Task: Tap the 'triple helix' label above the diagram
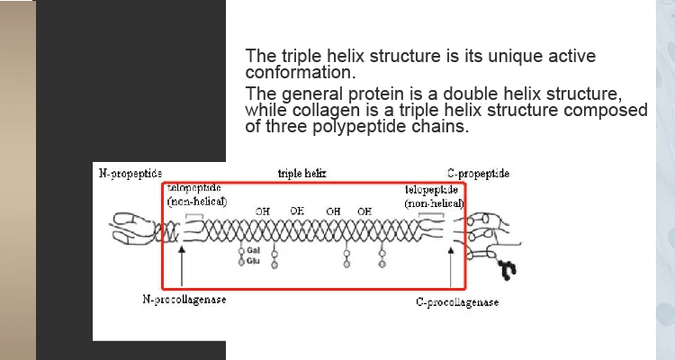pos(302,173)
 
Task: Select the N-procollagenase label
pos(185,300)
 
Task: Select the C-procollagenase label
pos(457,302)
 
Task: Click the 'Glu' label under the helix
pos(254,260)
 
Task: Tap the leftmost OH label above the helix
pos(263,211)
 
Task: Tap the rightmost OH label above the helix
pos(364,211)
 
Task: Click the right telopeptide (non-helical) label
pos(434,197)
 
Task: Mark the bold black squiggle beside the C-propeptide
pos(508,268)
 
